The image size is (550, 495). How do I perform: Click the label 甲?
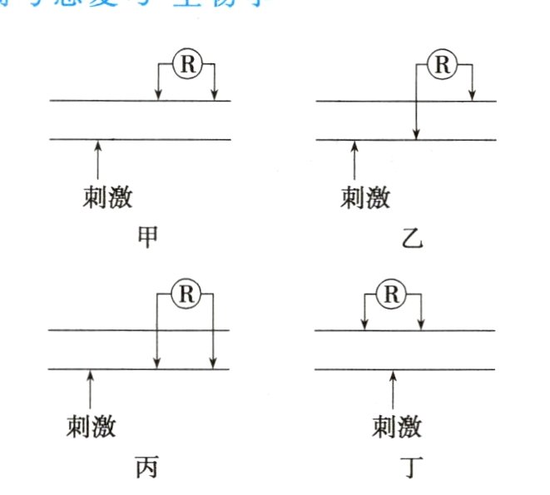(147, 239)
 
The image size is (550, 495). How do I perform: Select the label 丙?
(145, 468)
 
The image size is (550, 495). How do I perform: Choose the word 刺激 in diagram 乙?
(366, 197)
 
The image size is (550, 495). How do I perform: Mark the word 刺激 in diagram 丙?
(92, 427)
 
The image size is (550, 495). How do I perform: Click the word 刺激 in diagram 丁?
(397, 427)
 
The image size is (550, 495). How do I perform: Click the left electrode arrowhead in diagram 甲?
(158, 96)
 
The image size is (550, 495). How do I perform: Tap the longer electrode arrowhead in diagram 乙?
(417, 134)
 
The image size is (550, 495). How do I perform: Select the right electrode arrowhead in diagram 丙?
(214, 363)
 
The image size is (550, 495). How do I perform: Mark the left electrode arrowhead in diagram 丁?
(364, 325)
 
